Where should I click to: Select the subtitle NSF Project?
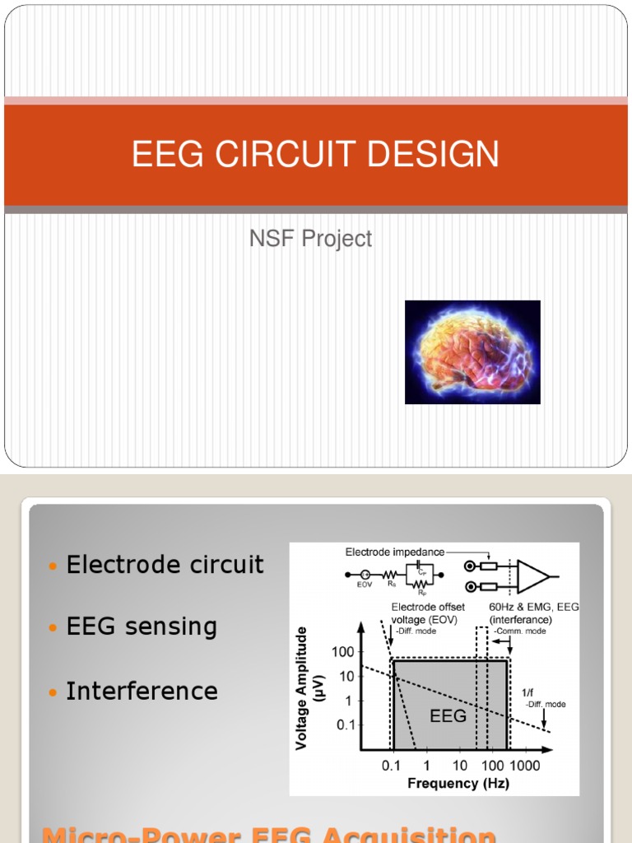click(x=311, y=239)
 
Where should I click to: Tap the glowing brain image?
click(x=472, y=352)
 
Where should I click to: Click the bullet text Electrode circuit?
click(x=165, y=565)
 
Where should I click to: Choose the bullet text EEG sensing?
click(x=142, y=626)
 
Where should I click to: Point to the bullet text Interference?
click(x=142, y=691)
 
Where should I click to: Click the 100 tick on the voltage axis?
click(x=342, y=652)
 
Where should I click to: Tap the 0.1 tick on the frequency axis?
click(x=392, y=766)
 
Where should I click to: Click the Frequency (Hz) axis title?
click(x=458, y=783)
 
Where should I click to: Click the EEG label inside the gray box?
click(x=448, y=715)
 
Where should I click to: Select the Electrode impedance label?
click(x=394, y=552)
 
